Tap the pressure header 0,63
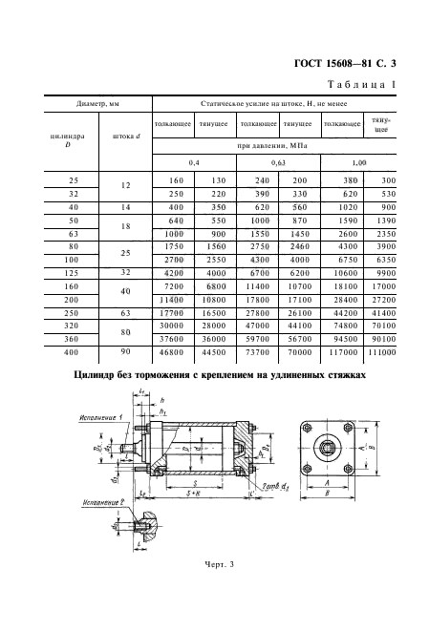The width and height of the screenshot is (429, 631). tap(278, 162)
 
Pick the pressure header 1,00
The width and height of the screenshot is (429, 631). tap(359, 162)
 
